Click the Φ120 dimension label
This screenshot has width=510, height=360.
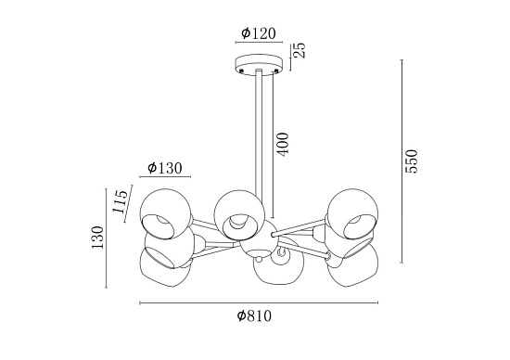coord(259,33)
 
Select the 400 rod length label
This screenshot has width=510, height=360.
coord(283,144)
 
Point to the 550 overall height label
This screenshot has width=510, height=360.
coord(411,161)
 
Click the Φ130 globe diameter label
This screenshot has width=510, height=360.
coord(164,168)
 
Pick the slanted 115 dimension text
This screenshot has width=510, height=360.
coord(121,201)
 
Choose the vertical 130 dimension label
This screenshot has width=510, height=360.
coord(97,238)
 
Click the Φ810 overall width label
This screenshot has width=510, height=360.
coord(254,315)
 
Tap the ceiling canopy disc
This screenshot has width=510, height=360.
coord(259,65)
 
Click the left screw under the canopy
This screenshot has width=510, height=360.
coord(241,71)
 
